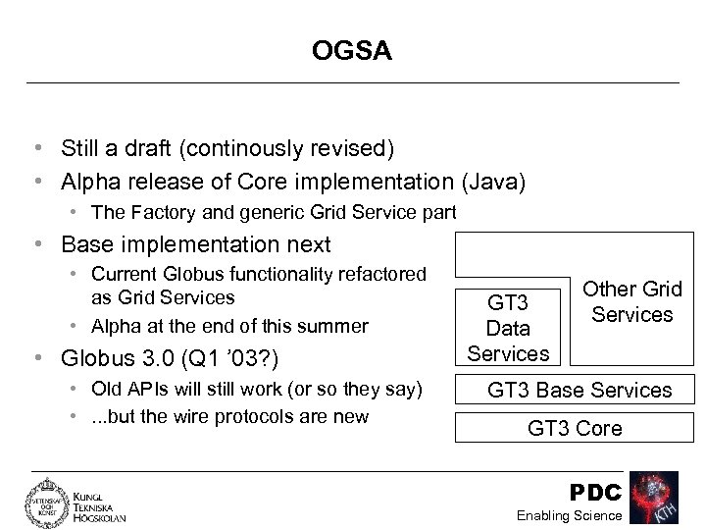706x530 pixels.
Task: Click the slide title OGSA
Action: [x=352, y=50]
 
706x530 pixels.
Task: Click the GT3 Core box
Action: [x=575, y=428]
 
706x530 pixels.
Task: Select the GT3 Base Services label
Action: [x=580, y=390]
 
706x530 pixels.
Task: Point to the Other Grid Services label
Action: [x=632, y=302]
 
